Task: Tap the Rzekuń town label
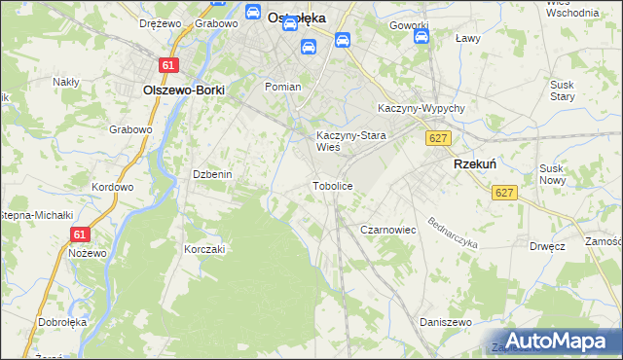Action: [475, 165]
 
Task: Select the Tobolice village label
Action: [331, 185]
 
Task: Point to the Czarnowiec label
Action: [388, 230]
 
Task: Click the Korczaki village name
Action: [205, 249]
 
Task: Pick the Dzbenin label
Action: [212, 174]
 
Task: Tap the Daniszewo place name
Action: [445, 322]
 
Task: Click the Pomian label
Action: [283, 87]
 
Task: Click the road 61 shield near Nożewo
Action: [81, 234]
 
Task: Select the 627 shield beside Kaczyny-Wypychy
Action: [438, 138]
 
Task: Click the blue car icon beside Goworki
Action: [421, 37]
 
